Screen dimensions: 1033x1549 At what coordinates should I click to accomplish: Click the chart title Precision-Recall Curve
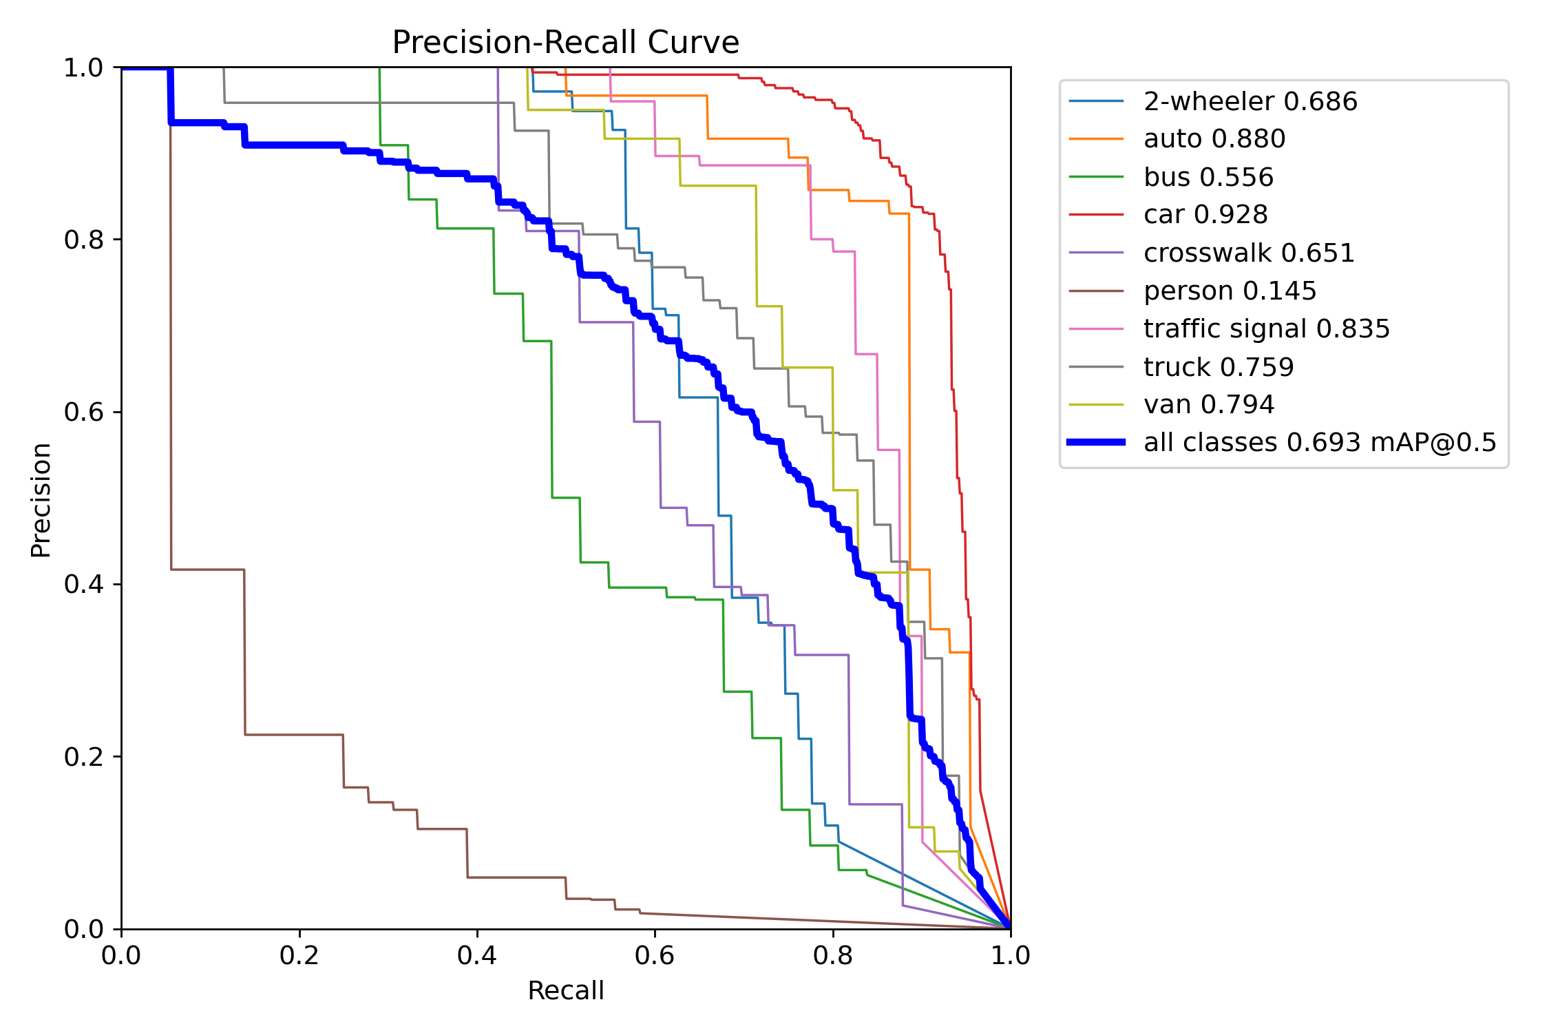point(565,43)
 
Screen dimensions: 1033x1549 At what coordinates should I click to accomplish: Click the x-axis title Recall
point(565,990)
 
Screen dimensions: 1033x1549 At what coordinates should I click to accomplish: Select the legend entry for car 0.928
point(1205,215)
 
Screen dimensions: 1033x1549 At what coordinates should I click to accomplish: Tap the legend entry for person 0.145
point(1230,291)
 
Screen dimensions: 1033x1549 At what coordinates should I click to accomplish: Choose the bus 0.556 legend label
point(1208,177)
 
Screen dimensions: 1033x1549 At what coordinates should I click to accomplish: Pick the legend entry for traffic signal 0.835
point(1266,328)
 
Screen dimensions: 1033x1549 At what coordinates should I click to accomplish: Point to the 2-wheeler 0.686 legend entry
point(1250,101)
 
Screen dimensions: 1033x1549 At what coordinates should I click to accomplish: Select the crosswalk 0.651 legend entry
point(1249,253)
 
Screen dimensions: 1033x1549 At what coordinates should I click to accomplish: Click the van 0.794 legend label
point(1209,404)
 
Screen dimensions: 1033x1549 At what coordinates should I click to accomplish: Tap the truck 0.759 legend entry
point(1219,366)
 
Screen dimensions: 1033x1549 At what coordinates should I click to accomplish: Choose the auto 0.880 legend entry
point(1214,139)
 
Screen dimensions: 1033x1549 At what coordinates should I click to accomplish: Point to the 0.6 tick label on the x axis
point(655,955)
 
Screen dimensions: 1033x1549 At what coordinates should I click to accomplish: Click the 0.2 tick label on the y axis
point(83,757)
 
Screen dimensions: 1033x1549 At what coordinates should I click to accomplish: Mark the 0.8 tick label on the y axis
point(83,240)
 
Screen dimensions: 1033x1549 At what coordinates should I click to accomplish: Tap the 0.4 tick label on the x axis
point(477,955)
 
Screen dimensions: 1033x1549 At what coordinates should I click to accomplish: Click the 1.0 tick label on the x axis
point(1010,955)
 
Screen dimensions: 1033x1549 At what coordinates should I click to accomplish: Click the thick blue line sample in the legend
point(1096,442)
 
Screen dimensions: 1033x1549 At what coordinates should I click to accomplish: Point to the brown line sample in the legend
point(1096,291)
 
